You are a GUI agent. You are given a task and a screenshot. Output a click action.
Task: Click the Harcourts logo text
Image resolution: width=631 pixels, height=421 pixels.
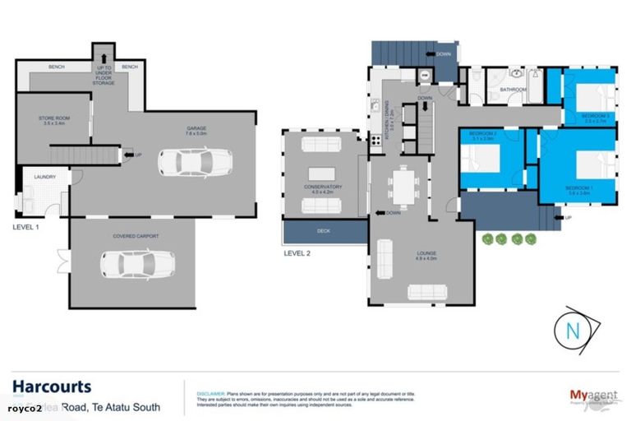52,386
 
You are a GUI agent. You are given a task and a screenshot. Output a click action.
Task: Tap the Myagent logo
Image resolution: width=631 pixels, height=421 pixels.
590,395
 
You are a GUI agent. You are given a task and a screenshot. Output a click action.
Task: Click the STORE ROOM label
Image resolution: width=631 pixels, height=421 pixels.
54,120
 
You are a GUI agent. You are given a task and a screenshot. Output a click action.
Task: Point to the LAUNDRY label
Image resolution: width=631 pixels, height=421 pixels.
44,177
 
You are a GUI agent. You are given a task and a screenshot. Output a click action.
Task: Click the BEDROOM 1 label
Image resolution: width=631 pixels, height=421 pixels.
579,188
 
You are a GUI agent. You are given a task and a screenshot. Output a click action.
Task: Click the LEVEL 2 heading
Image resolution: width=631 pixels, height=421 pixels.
298,253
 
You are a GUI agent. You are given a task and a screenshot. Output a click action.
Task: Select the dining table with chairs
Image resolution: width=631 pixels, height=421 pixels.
404,187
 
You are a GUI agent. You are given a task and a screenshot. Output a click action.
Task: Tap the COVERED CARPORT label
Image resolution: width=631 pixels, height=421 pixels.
136,236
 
